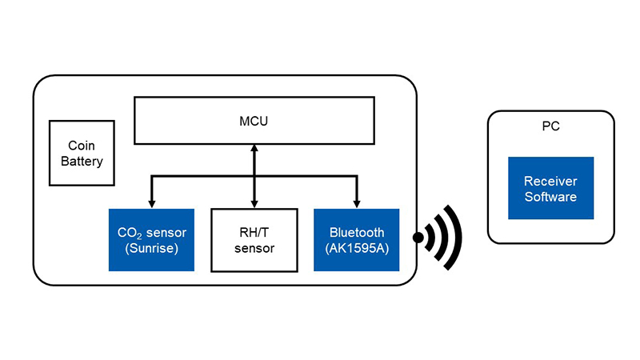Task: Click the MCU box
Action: (x=254, y=121)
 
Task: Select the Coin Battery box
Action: (x=80, y=154)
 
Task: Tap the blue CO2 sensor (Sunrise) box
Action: (x=151, y=240)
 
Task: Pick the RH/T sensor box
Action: (x=254, y=240)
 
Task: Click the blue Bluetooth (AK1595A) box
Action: (x=357, y=240)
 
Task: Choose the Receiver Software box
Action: (x=550, y=189)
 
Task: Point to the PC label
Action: (x=550, y=126)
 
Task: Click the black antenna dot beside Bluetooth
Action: (x=418, y=238)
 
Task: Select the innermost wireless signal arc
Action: (x=431, y=238)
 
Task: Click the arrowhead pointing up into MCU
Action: (x=254, y=150)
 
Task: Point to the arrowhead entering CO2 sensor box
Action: (x=151, y=203)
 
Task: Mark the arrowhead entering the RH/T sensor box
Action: (x=254, y=203)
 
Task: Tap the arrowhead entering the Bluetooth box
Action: (x=357, y=203)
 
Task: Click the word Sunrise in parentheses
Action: (x=151, y=248)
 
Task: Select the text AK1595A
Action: (x=357, y=248)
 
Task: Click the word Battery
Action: (x=80, y=162)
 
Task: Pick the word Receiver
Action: (x=550, y=182)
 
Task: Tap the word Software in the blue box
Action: (x=550, y=197)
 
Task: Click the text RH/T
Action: (x=254, y=233)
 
